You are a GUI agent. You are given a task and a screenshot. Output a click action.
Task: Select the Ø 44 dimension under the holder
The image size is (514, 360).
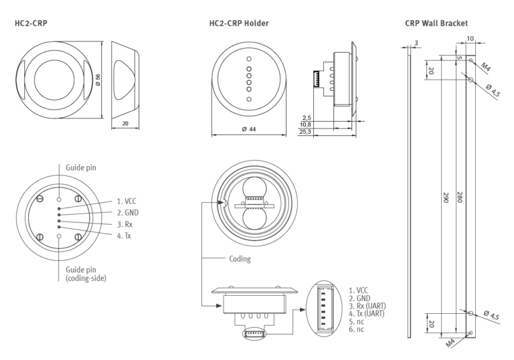point(248,129)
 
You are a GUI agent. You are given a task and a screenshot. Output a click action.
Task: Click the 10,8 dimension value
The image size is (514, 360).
point(306,124)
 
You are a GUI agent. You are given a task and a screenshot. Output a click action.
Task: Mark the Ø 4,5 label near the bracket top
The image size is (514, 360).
point(493,90)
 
